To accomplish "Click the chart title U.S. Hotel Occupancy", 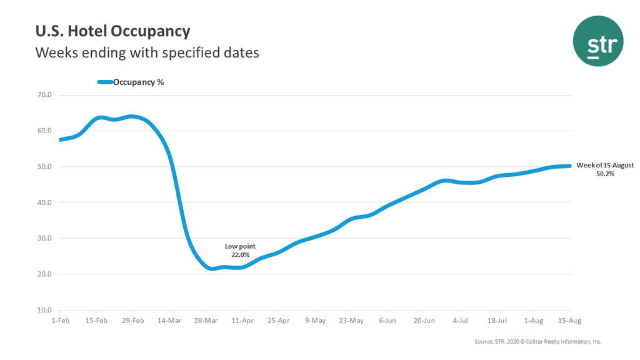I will tap(112, 31).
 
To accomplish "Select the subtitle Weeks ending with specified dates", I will tap(147, 52).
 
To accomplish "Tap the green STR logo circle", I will tap(598, 41).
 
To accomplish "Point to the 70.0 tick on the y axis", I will tap(44, 95).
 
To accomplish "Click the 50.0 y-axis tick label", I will tap(44, 167).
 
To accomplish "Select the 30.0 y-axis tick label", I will tap(44, 239).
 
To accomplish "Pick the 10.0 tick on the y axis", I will tap(44, 310).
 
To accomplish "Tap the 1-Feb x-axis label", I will tap(59, 321).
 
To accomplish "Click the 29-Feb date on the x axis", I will tap(132, 321).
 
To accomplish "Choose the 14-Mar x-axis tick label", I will tap(169, 321).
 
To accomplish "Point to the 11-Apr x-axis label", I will tap(242, 321).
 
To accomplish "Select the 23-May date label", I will tap(351, 321).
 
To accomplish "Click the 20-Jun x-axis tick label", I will tap(424, 321).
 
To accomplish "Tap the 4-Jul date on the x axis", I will tap(461, 321).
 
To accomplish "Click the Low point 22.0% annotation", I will tap(241, 251).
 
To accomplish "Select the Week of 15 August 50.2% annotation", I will tap(605, 169).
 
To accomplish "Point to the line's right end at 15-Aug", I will tap(569, 166).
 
